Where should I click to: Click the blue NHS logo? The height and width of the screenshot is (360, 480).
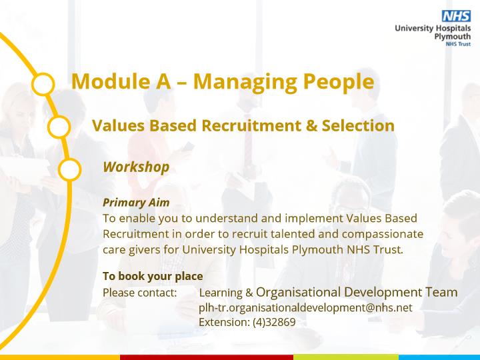click(456, 16)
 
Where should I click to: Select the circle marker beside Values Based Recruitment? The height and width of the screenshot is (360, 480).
click(59, 127)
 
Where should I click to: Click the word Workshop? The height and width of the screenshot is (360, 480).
click(136, 167)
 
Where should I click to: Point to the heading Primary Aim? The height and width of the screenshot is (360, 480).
click(136, 203)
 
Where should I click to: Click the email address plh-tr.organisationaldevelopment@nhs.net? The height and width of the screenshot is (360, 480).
click(305, 307)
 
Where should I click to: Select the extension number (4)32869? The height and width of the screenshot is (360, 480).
click(274, 322)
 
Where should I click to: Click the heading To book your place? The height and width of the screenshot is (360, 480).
click(153, 276)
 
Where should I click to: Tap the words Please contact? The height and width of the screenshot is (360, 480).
click(139, 293)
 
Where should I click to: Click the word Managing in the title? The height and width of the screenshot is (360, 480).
click(245, 82)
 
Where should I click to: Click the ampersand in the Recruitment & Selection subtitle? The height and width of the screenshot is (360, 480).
click(311, 125)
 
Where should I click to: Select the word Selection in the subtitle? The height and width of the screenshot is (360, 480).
click(358, 125)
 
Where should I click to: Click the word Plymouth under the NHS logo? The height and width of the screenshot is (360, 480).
click(453, 37)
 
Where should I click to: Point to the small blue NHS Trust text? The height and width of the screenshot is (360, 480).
click(458, 44)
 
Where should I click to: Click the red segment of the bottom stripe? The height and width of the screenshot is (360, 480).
click(207, 357)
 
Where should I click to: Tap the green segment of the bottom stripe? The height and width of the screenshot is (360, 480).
click(346, 357)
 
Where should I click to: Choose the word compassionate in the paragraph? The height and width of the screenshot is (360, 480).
click(383, 234)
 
